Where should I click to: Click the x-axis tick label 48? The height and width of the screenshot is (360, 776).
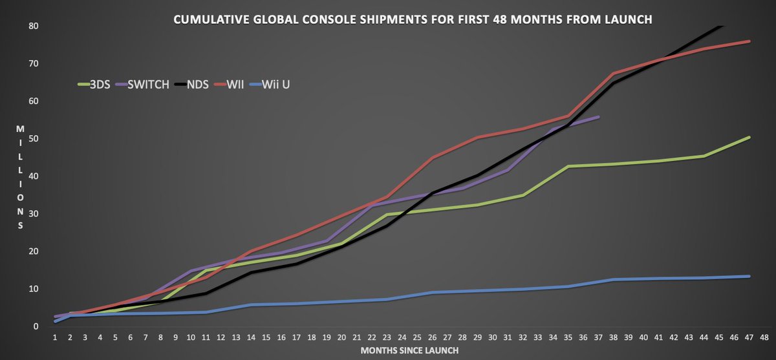coord(764,337)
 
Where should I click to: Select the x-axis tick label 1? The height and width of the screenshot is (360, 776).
coord(56,337)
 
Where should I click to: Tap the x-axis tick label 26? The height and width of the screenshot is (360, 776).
coord(433,337)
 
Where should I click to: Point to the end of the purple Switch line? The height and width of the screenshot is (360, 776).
coord(599,117)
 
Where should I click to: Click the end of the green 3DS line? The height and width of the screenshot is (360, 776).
coord(749,137)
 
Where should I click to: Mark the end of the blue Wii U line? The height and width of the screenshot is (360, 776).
coord(749,276)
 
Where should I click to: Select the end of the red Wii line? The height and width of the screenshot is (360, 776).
coord(749,41)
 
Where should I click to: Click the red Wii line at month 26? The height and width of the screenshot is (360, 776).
coord(433,157)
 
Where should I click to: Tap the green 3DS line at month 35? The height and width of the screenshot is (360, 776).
coord(568,166)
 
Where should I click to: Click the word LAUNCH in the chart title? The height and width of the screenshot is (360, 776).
coord(624,20)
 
